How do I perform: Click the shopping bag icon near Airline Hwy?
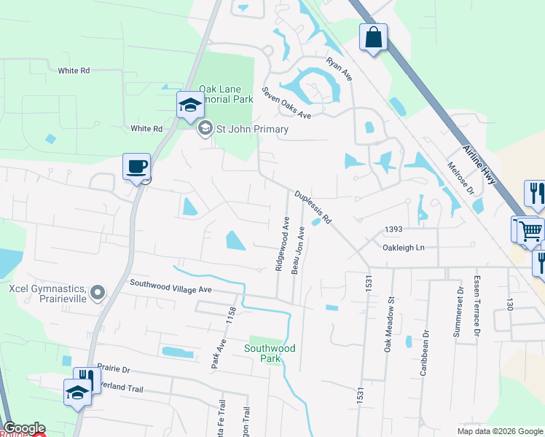(x=373, y=37)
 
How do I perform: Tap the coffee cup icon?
(x=136, y=167)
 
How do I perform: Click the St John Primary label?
(x=252, y=129)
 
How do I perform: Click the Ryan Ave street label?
(x=340, y=69)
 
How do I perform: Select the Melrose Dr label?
(x=460, y=178)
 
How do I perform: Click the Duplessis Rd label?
(x=314, y=207)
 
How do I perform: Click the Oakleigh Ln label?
(x=403, y=248)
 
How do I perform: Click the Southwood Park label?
(x=270, y=353)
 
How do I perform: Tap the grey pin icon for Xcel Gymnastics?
(x=99, y=294)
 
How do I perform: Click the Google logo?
(x=24, y=428)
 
